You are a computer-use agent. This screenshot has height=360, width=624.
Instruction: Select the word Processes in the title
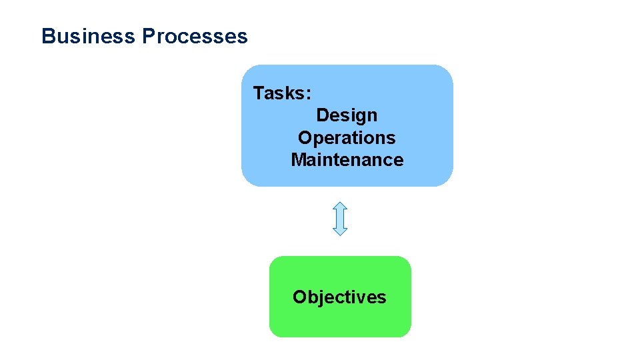(194, 36)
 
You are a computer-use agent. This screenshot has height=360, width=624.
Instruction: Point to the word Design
(347, 116)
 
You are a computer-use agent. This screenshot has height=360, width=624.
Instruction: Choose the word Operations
(347, 138)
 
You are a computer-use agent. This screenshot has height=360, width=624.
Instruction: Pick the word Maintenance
(347, 160)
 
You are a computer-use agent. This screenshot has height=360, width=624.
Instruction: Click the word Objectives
(339, 297)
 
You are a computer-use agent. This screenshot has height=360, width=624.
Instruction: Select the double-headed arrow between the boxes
(340, 219)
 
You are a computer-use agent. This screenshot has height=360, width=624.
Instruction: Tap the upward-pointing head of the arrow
(340, 207)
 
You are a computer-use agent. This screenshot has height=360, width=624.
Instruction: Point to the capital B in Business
(47, 36)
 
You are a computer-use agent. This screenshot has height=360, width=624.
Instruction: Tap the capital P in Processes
(148, 36)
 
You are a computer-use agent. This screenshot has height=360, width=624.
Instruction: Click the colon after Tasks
(307, 94)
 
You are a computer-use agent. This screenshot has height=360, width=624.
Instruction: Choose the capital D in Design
(323, 116)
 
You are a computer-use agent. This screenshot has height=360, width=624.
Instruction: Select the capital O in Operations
(305, 138)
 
